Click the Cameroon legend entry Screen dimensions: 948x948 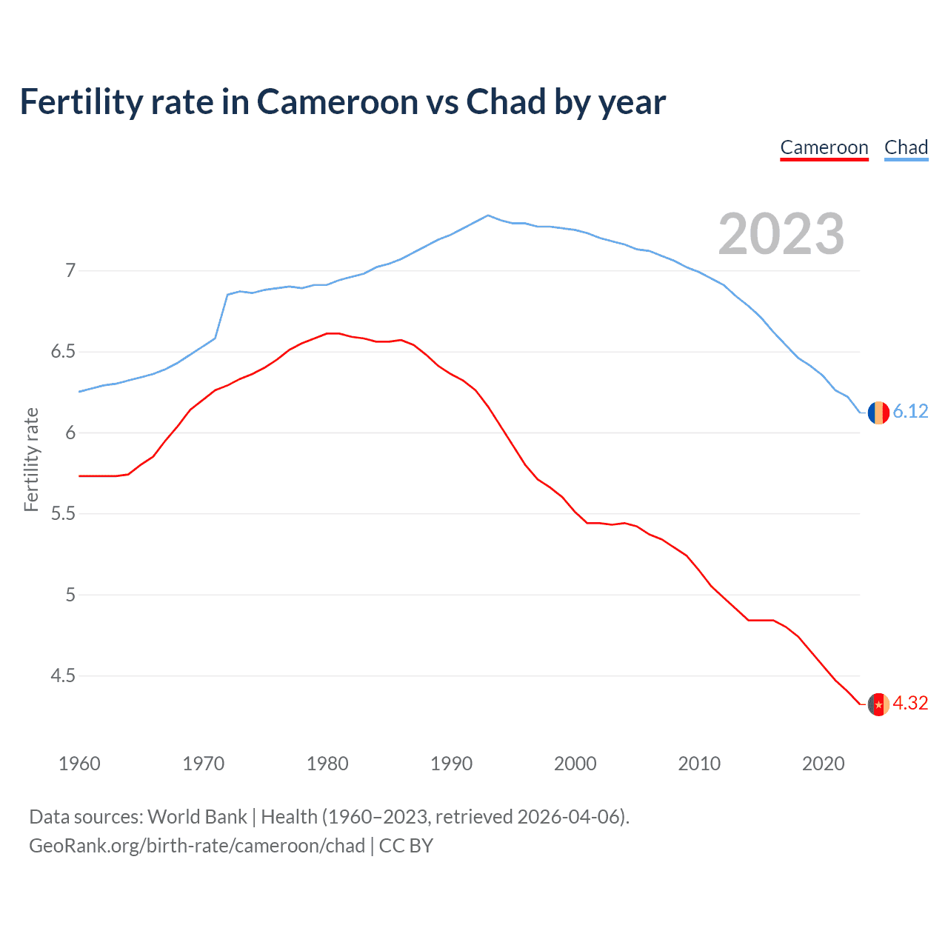click(824, 147)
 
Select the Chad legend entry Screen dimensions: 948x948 click(906, 147)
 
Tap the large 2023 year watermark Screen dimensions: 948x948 click(781, 234)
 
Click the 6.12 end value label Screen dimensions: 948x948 click(910, 412)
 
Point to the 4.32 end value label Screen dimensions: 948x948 click(910, 704)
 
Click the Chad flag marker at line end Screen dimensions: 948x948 click(878, 413)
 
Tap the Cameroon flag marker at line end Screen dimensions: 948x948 click(878, 704)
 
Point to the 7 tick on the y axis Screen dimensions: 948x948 click(70, 271)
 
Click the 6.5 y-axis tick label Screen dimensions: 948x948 click(63, 352)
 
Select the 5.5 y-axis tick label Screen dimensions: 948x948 click(63, 514)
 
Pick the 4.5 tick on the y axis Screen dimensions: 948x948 click(63, 676)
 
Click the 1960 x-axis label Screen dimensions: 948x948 click(79, 764)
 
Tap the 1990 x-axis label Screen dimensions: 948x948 click(451, 764)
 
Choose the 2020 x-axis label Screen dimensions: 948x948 click(823, 764)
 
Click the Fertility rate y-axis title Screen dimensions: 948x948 click(31, 459)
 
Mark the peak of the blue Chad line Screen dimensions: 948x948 click(487, 216)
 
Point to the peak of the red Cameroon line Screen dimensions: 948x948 click(333, 333)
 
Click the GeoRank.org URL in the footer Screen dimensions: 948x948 click(197, 846)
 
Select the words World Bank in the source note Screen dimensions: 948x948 click(197, 817)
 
